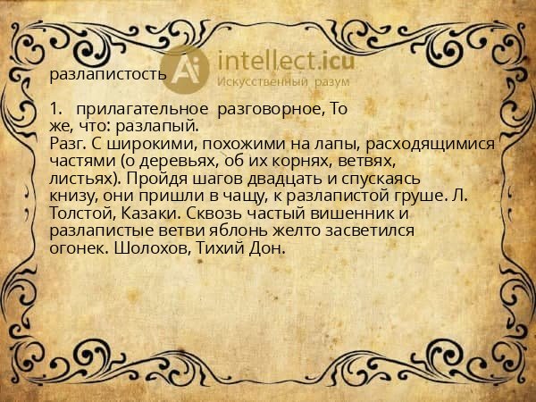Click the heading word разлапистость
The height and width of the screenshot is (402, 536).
click(x=108, y=74)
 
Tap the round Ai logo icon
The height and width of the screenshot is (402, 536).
click(x=188, y=69)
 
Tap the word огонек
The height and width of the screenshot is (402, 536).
click(x=79, y=247)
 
